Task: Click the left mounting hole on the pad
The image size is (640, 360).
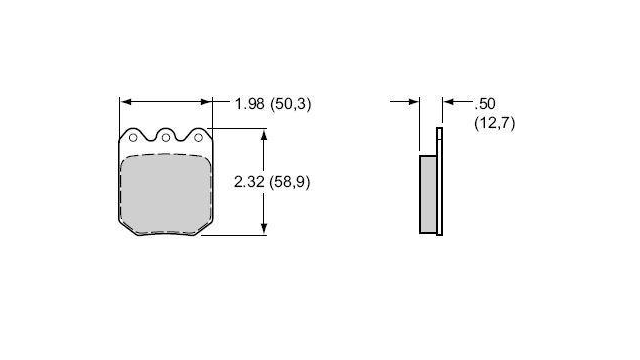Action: point(133,138)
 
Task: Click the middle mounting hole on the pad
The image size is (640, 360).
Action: point(166,138)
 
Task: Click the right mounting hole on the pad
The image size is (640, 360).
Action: point(198,138)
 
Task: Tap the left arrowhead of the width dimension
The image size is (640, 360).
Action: point(126,102)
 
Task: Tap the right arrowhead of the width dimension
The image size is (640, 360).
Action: point(206,102)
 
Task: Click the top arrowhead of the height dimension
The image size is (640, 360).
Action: point(264,135)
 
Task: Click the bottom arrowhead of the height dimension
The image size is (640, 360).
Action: point(264,229)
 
